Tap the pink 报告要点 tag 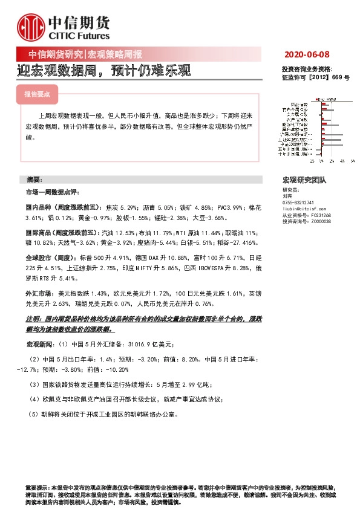pyautogui.click(x=37, y=95)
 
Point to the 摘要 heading pyautogui.click(x=34, y=180)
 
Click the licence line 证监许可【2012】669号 pyautogui.click(x=315, y=78)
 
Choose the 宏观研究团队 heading pyautogui.click(x=304, y=180)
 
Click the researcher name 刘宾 pyautogui.click(x=287, y=196)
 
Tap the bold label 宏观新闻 pyautogui.click(x=38, y=344)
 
